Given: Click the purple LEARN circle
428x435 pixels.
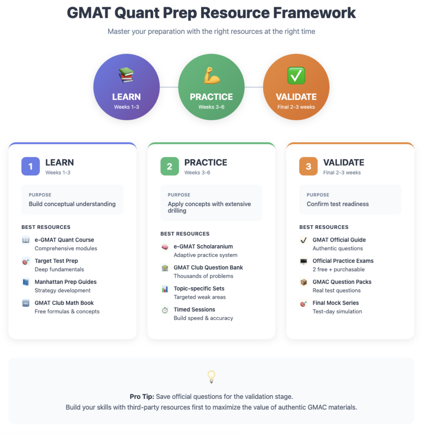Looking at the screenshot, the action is click(126, 87).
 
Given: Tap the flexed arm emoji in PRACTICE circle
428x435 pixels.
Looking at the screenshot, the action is click(212, 76).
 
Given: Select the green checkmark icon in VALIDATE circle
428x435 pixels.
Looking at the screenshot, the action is click(296, 76).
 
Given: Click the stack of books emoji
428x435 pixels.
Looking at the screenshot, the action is click(126, 75).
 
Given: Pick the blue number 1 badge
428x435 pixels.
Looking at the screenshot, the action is click(31, 166).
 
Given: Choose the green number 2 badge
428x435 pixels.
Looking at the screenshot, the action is click(170, 166).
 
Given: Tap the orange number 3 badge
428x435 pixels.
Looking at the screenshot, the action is click(309, 166).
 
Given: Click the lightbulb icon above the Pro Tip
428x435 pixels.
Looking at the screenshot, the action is click(212, 377).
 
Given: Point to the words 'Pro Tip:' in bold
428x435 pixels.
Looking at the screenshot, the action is click(142, 397).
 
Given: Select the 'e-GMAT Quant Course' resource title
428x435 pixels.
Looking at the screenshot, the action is click(65, 240).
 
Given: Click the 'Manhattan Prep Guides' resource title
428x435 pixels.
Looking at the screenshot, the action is click(65, 282).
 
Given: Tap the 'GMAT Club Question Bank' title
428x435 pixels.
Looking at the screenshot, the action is click(208, 268).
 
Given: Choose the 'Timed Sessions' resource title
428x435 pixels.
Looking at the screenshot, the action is click(194, 310).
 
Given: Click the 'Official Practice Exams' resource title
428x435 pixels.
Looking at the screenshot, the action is click(343, 261).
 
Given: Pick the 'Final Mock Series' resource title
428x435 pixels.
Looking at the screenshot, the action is click(336, 303).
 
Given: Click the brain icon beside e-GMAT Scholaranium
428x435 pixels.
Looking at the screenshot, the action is click(165, 247).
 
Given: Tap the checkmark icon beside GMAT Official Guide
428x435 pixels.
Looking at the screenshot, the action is click(303, 240).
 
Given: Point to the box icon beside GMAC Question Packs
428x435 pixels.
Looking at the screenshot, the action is click(303, 282).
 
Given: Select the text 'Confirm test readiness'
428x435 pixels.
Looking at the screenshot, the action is click(337, 204).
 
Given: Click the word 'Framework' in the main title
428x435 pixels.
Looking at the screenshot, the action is click(314, 13).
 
